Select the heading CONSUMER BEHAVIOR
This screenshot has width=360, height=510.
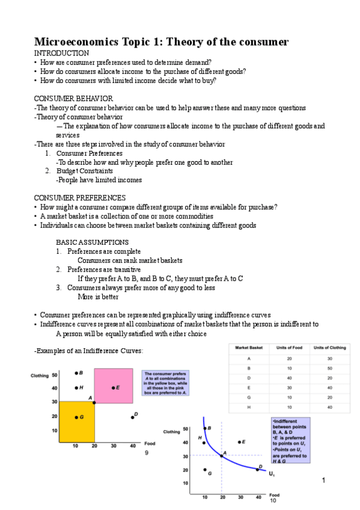point(73,99)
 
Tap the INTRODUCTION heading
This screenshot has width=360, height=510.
point(61,54)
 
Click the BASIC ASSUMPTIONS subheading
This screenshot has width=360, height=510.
point(92,242)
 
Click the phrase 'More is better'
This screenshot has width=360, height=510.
point(98,296)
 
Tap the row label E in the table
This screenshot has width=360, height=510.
point(249,388)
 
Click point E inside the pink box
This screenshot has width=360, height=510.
point(113,388)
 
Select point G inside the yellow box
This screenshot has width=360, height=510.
point(76,417)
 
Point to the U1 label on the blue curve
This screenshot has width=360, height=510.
point(272,474)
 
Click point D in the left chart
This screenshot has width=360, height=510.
point(132,416)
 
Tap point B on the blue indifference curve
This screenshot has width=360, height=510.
point(205,429)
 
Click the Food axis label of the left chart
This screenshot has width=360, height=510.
point(150,443)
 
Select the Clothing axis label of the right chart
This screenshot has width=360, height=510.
point(172,431)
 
